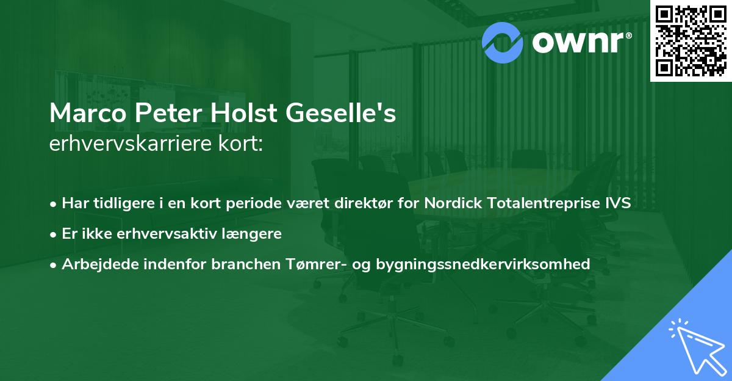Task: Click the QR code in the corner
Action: click(691, 40)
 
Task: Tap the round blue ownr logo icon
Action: click(502, 42)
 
